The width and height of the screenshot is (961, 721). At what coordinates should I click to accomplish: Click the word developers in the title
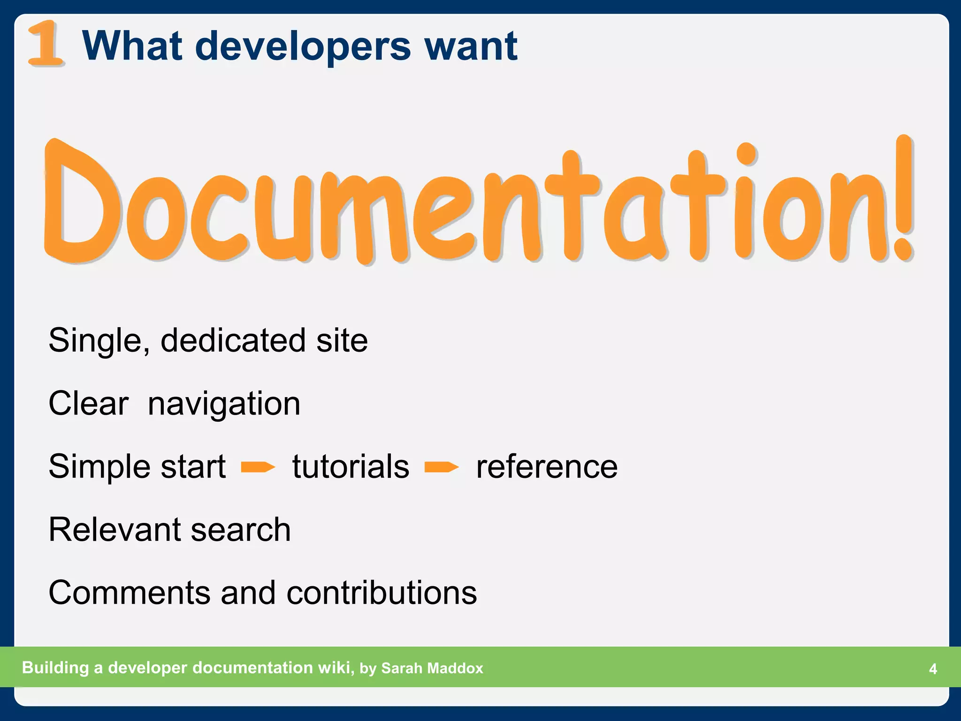pyautogui.click(x=303, y=46)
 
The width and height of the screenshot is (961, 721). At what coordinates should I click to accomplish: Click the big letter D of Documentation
pyautogui.click(x=80, y=202)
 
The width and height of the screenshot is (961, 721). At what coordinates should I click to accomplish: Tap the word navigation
pyautogui.click(x=224, y=404)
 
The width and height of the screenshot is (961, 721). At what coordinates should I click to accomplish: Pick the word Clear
pyautogui.click(x=88, y=403)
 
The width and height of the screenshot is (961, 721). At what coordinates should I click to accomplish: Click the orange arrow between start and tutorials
pyautogui.click(x=258, y=467)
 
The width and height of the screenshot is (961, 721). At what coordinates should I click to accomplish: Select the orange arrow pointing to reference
pyautogui.click(x=442, y=467)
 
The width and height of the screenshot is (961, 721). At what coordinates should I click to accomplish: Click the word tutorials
pyautogui.click(x=351, y=467)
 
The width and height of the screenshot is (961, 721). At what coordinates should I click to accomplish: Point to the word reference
pyautogui.click(x=547, y=467)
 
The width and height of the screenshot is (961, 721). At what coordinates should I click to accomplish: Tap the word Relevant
pyautogui.click(x=114, y=529)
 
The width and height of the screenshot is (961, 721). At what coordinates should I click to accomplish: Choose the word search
pyautogui.click(x=241, y=529)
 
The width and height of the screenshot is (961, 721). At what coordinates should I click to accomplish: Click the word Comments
pyautogui.click(x=129, y=592)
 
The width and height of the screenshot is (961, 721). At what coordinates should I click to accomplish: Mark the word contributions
pyautogui.click(x=381, y=592)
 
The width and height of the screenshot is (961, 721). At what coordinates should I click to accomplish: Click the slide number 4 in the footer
pyautogui.click(x=933, y=668)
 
